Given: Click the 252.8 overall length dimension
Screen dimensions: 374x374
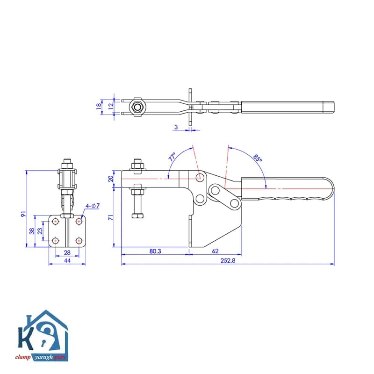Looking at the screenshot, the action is click(x=228, y=260).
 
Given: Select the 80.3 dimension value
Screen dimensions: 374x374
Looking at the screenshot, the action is click(x=155, y=251).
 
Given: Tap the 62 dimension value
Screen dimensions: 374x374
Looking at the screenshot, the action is click(x=215, y=251).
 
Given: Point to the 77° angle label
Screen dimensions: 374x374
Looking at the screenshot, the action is click(x=172, y=157).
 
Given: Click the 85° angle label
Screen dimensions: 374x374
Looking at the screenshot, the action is click(x=258, y=158).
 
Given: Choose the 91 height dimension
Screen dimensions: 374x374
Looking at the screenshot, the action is click(x=23, y=214).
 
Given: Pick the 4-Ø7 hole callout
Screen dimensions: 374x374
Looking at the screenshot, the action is click(x=93, y=206).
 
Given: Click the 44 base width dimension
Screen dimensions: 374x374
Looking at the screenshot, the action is click(x=67, y=260).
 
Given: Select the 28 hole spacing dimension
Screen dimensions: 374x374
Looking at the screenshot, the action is click(x=67, y=252).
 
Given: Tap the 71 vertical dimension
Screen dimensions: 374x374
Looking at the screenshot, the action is click(x=111, y=217).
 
